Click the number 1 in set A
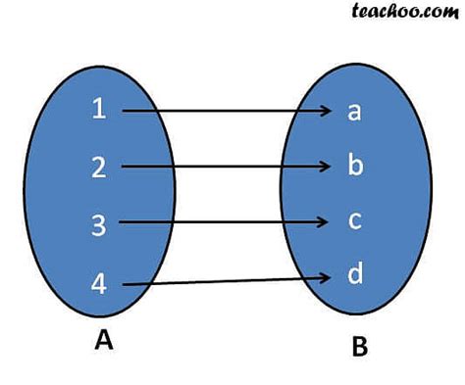click(x=98, y=110)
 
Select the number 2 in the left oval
click(x=98, y=168)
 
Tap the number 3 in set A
click(x=98, y=225)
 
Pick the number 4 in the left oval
click(x=98, y=285)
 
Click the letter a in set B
click(x=354, y=111)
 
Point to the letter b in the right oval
click(x=355, y=165)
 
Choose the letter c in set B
click(x=354, y=220)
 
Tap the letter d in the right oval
click(x=355, y=274)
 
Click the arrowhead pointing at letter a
click(x=331, y=111)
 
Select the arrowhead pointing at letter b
click(x=331, y=168)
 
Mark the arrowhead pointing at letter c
click(x=331, y=223)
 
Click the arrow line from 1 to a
click(x=226, y=111)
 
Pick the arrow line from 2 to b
click(x=226, y=168)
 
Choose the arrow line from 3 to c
click(x=226, y=223)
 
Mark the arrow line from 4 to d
click(x=226, y=283)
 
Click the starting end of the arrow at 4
click(x=125, y=285)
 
